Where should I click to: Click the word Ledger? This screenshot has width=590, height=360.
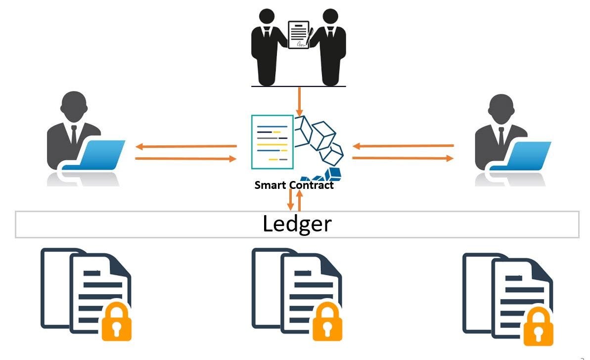tap(297, 224)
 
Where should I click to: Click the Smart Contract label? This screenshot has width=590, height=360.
tap(294, 185)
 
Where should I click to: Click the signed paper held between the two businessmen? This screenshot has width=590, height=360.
tap(299, 35)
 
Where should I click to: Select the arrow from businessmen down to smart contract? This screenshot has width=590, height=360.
tap(299, 102)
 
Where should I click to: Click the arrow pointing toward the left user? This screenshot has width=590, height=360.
tap(186, 146)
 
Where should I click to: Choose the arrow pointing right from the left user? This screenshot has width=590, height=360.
tap(186, 159)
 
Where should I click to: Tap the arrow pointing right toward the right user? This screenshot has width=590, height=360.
tap(403, 158)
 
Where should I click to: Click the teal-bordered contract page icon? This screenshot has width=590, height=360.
tap(272, 141)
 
